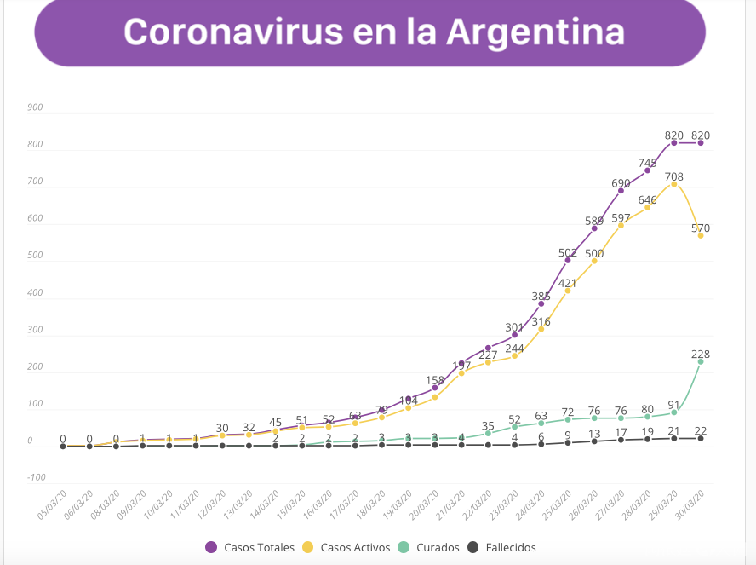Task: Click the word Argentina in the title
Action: point(535,32)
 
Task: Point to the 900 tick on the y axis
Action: point(35,107)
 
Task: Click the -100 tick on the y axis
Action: point(35,477)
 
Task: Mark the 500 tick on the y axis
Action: point(35,256)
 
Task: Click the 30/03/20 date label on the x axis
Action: point(691,504)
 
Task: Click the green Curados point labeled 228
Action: point(701,361)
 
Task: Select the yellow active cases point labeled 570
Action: point(701,235)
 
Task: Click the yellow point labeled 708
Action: point(674,184)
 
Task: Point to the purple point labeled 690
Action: point(621,190)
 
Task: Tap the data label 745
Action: point(647,163)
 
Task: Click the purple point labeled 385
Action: point(541,303)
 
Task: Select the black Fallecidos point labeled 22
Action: point(701,438)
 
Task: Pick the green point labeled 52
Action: point(514,426)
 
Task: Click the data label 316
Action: point(541,321)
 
